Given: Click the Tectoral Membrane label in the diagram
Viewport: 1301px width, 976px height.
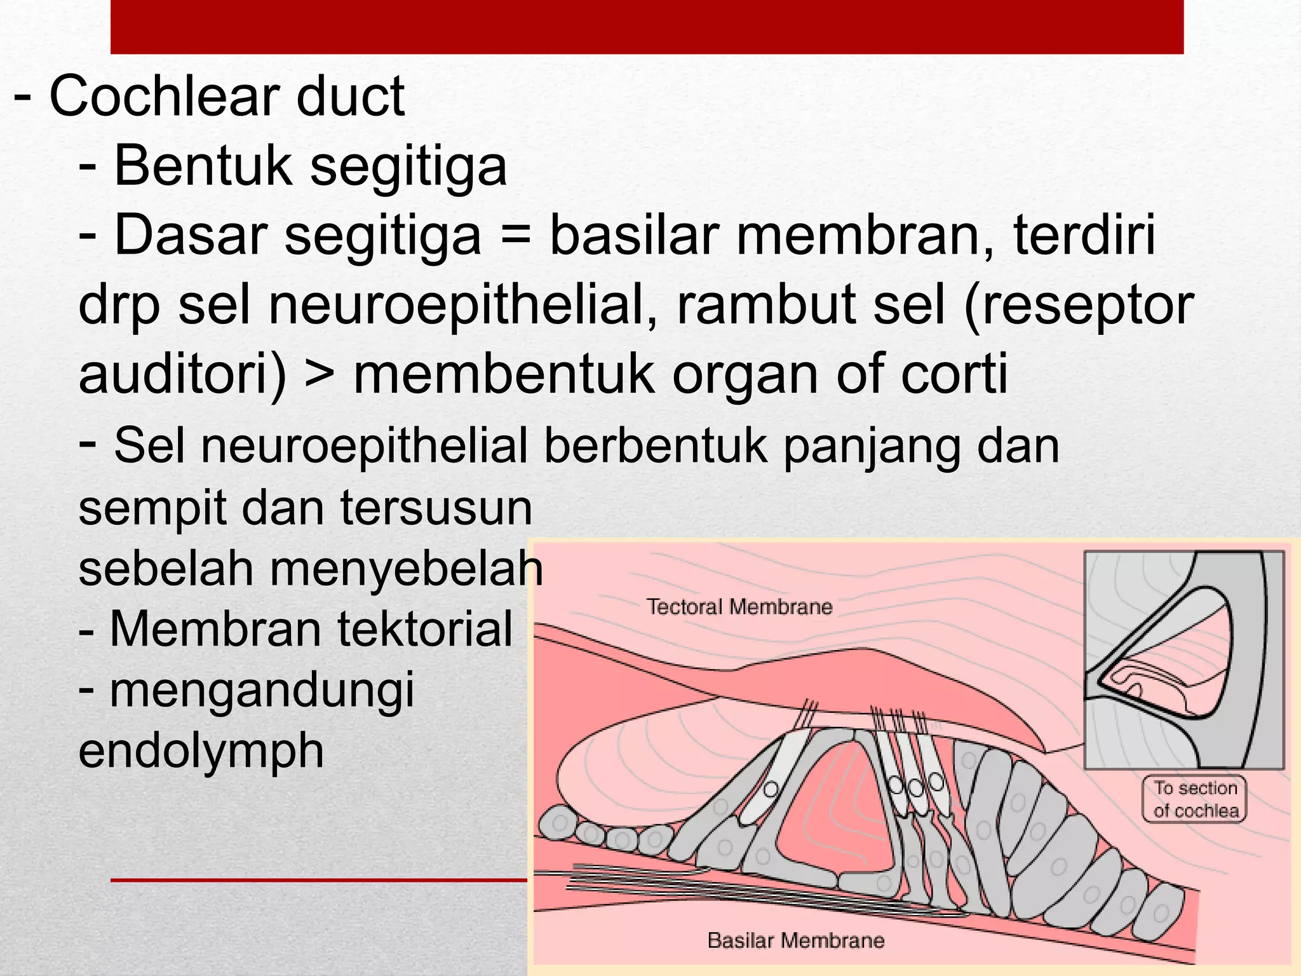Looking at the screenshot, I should point(739,607).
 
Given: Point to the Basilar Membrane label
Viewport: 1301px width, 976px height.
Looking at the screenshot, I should point(795,940).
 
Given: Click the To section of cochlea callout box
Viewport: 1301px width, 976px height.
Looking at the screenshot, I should point(1195,799).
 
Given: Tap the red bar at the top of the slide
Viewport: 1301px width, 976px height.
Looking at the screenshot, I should point(647,27).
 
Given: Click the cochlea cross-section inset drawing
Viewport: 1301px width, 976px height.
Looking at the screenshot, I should point(1183,660).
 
